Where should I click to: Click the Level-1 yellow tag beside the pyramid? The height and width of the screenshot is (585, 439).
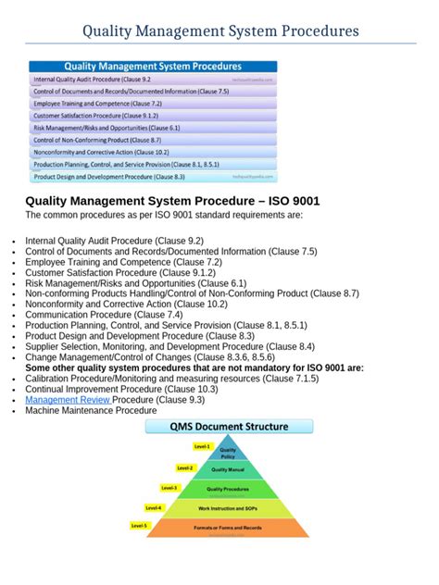click(x=202, y=446)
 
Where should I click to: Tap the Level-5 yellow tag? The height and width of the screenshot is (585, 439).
click(x=139, y=526)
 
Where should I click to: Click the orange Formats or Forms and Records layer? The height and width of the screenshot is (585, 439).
click(x=227, y=528)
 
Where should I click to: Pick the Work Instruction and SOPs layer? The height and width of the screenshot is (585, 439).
click(x=227, y=508)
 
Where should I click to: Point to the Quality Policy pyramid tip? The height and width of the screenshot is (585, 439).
click(x=227, y=452)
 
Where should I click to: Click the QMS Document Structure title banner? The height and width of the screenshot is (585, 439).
click(x=229, y=428)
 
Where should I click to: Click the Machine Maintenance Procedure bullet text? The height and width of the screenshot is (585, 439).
click(x=91, y=410)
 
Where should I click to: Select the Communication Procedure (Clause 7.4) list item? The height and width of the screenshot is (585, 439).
click(x=104, y=315)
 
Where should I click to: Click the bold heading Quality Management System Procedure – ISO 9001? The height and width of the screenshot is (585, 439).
click(x=172, y=201)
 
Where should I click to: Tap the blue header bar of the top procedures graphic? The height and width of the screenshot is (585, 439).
click(x=153, y=67)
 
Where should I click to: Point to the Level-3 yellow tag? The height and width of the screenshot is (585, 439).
click(x=169, y=488)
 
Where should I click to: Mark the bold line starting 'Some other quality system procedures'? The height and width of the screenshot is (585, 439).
click(x=194, y=367)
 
